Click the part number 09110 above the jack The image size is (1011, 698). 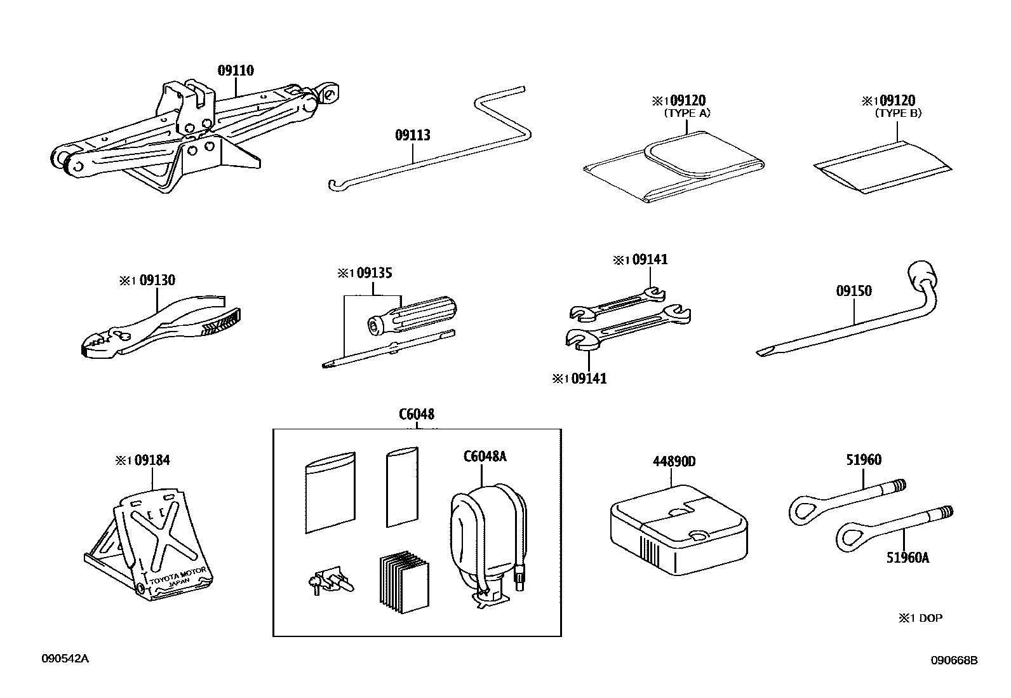click(x=236, y=70)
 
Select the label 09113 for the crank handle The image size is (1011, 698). click(x=412, y=135)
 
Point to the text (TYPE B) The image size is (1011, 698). click(x=898, y=114)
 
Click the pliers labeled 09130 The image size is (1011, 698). click(x=162, y=326)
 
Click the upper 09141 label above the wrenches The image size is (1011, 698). click(x=650, y=259)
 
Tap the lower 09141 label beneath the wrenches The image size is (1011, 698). click(x=589, y=379)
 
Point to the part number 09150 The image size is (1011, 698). click(x=854, y=291)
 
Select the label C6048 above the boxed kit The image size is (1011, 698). click(x=417, y=414)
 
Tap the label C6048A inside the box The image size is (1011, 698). click(x=485, y=456)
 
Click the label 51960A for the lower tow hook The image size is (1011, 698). click(x=907, y=558)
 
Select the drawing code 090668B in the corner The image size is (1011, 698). click(x=954, y=661)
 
